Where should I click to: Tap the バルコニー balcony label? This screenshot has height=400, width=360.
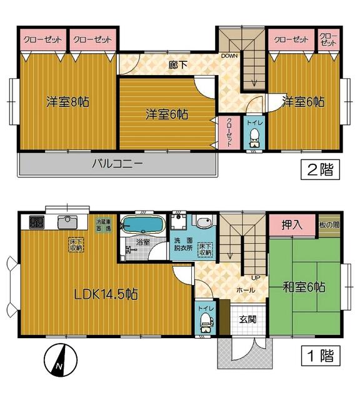click(x=118, y=165)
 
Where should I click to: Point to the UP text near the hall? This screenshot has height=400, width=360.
click(x=256, y=277)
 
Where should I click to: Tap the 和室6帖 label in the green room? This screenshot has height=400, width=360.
click(x=303, y=287)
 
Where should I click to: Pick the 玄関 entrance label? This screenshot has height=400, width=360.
click(x=247, y=319)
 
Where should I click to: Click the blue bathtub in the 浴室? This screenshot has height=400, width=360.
click(x=142, y=224)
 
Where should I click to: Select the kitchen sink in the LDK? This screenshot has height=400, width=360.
click(x=67, y=221)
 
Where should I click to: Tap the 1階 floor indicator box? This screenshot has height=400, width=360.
click(x=321, y=357)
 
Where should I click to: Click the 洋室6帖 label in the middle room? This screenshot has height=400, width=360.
click(x=167, y=114)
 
